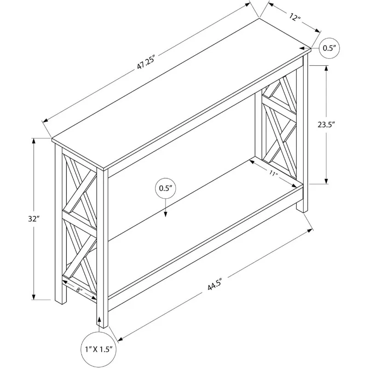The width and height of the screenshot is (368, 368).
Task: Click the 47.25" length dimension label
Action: tap(144, 63)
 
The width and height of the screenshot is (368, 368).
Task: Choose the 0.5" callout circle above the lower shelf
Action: tap(165, 188)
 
